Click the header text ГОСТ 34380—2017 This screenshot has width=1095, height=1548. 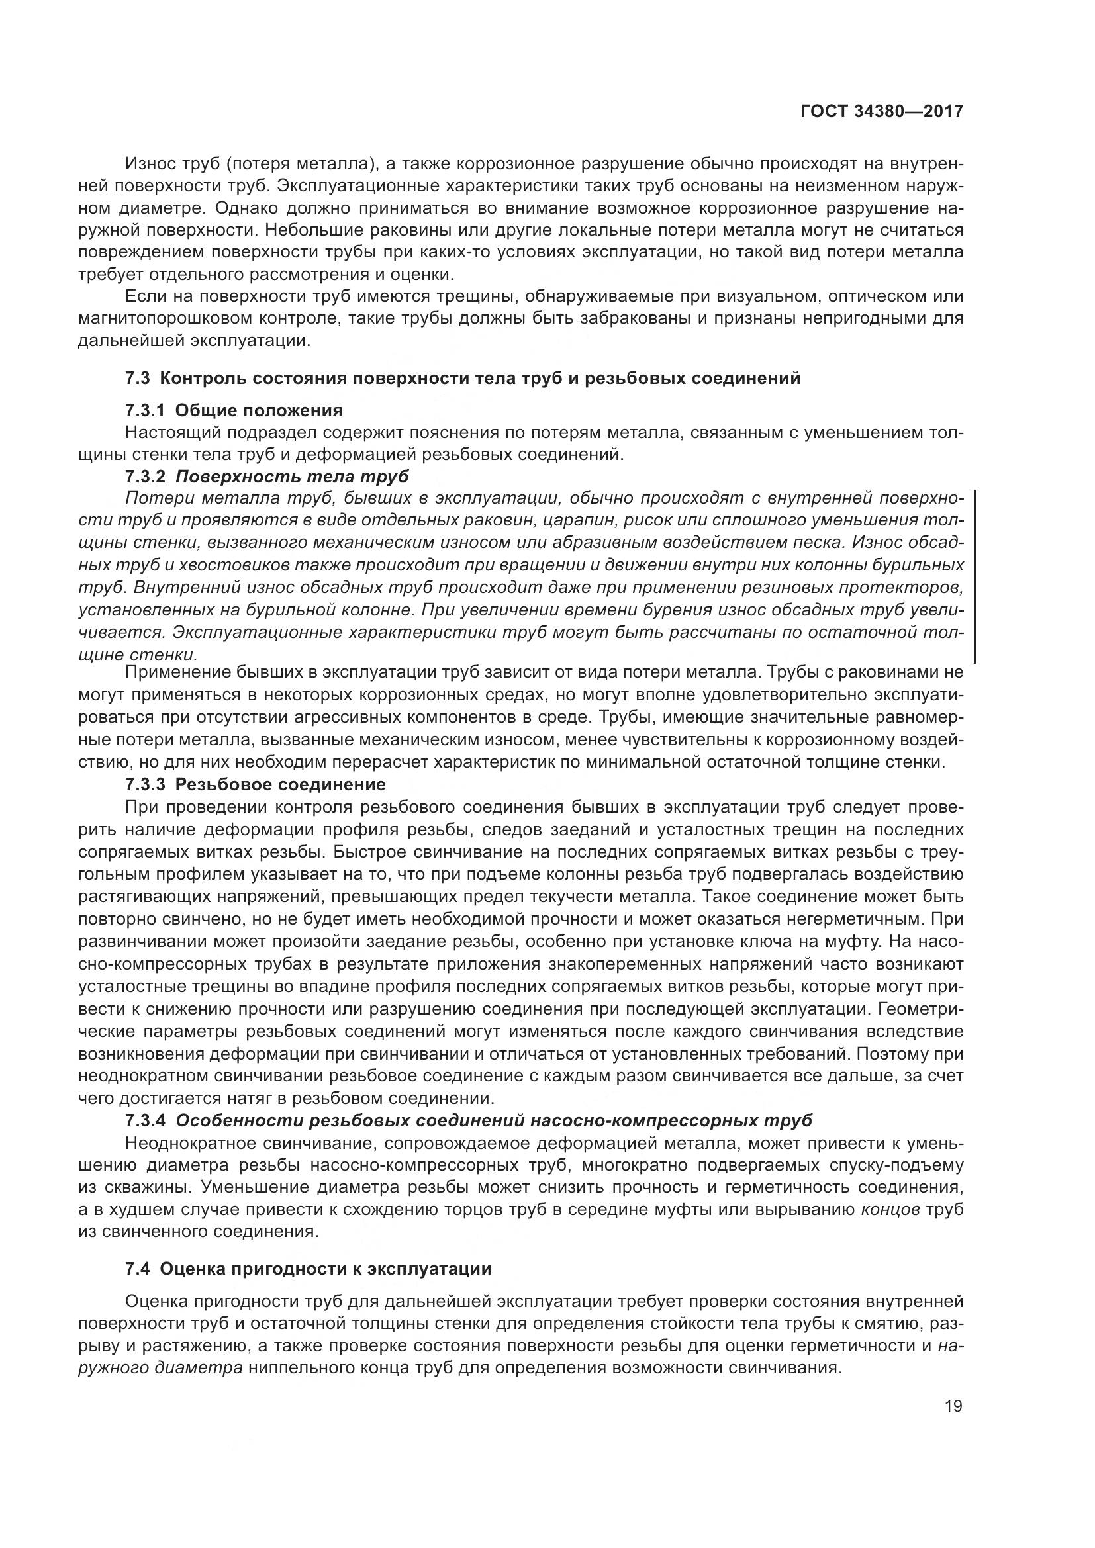coord(881,112)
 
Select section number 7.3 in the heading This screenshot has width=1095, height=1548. coord(137,379)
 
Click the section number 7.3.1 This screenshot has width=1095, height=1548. coord(146,410)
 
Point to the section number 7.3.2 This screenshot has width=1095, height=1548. coord(146,477)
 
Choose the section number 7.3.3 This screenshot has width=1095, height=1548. coord(146,784)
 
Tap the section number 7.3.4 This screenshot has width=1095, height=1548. coord(146,1120)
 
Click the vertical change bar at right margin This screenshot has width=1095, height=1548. coord(975,577)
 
